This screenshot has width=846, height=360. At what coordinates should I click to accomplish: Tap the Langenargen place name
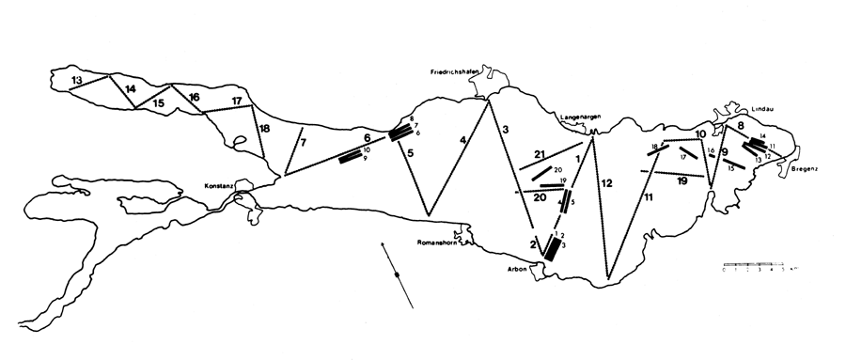pos(581,117)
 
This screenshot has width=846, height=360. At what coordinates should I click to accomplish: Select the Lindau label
pos(761,108)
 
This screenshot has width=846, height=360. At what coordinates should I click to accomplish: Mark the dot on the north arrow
pos(398,274)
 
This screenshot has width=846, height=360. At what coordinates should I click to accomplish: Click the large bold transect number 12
pos(606,182)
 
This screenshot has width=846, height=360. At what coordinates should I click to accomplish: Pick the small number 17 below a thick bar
pos(683,158)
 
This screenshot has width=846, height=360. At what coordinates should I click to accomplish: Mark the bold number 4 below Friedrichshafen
pos(462,141)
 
